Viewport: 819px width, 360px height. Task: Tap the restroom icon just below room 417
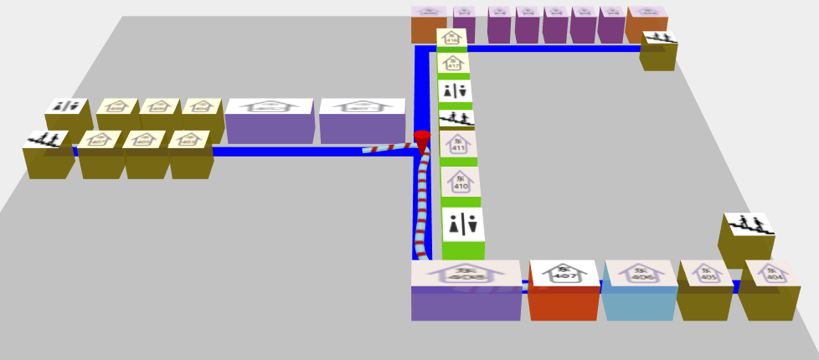[455, 90]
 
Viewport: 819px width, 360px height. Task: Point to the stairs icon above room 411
[456, 119]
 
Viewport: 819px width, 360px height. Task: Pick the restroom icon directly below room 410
[463, 224]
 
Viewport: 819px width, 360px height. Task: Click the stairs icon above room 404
[748, 225]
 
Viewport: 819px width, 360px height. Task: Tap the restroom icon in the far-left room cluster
[67, 106]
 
